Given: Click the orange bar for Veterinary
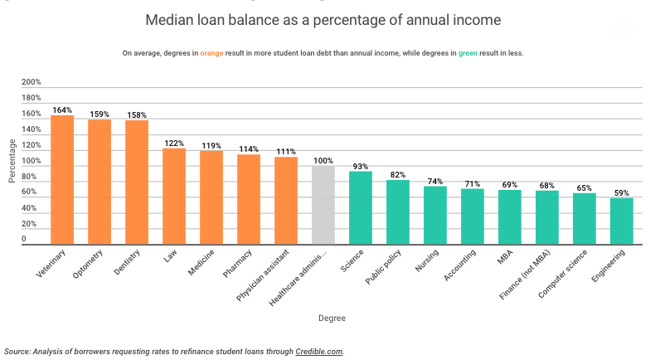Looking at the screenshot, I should pyautogui.click(x=62, y=180).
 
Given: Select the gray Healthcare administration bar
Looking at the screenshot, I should pyautogui.click(x=323, y=205).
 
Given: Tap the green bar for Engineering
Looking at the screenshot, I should pyautogui.click(x=622, y=221).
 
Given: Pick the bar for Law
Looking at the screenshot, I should pyautogui.click(x=174, y=197).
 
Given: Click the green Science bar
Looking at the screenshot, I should pyautogui.click(x=361, y=208).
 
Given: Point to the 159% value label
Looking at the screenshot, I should pyautogui.click(x=99, y=114).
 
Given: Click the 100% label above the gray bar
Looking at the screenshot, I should pyautogui.click(x=323, y=160).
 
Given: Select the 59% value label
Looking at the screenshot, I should pyautogui.click(x=622, y=192).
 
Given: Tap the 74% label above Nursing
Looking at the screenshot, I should pyautogui.click(x=435, y=181).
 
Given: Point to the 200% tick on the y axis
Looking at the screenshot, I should pyautogui.click(x=31, y=82).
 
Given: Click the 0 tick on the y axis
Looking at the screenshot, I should pyautogui.click(x=24, y=240).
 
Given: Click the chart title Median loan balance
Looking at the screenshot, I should pyautogui.click(x=323, y=18).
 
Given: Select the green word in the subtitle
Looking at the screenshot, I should pyautogui.click(x=469, y=53).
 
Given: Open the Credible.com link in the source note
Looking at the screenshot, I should pyautogui.click(x=318, y=351).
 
